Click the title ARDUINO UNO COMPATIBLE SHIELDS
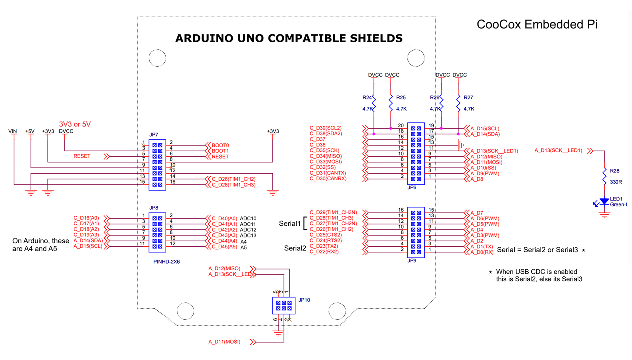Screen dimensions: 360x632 tap(289, 38)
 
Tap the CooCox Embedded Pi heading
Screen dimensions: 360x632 tap(537, 24)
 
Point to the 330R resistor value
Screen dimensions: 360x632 tap(616, 182)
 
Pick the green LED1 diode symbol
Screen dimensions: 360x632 tap(604, 201)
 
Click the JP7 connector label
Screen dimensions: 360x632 tap(153, 135)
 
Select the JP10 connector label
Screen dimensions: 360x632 tap(304, 300)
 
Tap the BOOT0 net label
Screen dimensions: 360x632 tap(220, 145)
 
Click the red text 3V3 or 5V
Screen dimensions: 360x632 tap(75, 124)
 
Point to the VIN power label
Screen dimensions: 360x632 tap(13, 131)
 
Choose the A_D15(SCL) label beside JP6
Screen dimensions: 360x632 tap(485, 128)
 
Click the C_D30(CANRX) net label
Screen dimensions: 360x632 tap(328, 178)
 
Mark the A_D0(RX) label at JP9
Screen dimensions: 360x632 tap(481, 252)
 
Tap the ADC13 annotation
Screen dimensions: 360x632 tap(248, 235)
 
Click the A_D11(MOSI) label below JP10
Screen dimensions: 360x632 tap(224, 342)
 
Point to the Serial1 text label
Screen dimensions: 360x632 tap(289, 224)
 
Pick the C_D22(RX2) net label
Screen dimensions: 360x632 tap(324, 252)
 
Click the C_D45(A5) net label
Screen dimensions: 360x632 tap(225, 247)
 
